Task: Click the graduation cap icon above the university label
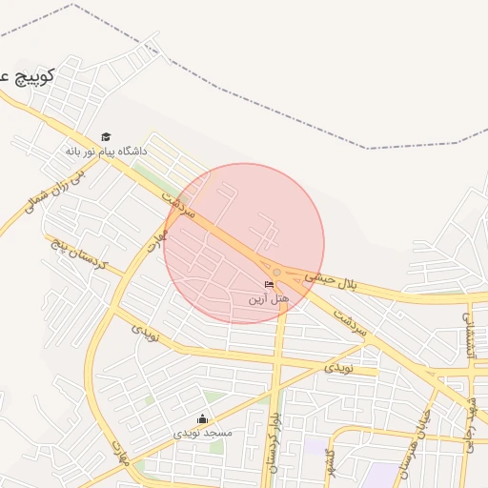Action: click(106, 136)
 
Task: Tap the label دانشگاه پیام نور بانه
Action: click(107, 151)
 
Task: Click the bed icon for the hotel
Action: click(269, 285)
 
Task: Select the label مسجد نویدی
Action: click(202, 433)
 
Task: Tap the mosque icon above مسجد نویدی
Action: click(202, 418)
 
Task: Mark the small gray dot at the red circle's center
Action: click(276, 273)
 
